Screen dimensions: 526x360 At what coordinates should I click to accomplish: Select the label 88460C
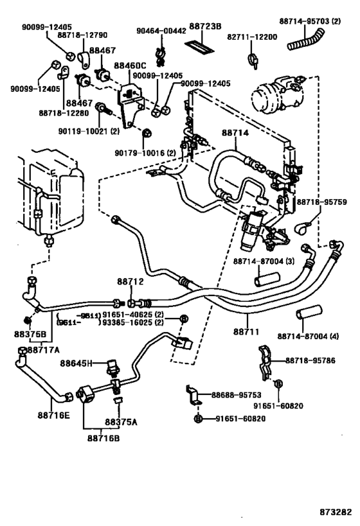pos(130,66)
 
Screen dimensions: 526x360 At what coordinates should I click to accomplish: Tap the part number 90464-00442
pos(160,30)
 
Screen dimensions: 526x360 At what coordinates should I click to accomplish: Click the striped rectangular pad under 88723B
pos(201,46)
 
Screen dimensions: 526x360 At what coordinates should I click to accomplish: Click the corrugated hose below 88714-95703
pos(308,43)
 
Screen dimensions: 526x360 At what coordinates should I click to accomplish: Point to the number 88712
pos(130,281)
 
